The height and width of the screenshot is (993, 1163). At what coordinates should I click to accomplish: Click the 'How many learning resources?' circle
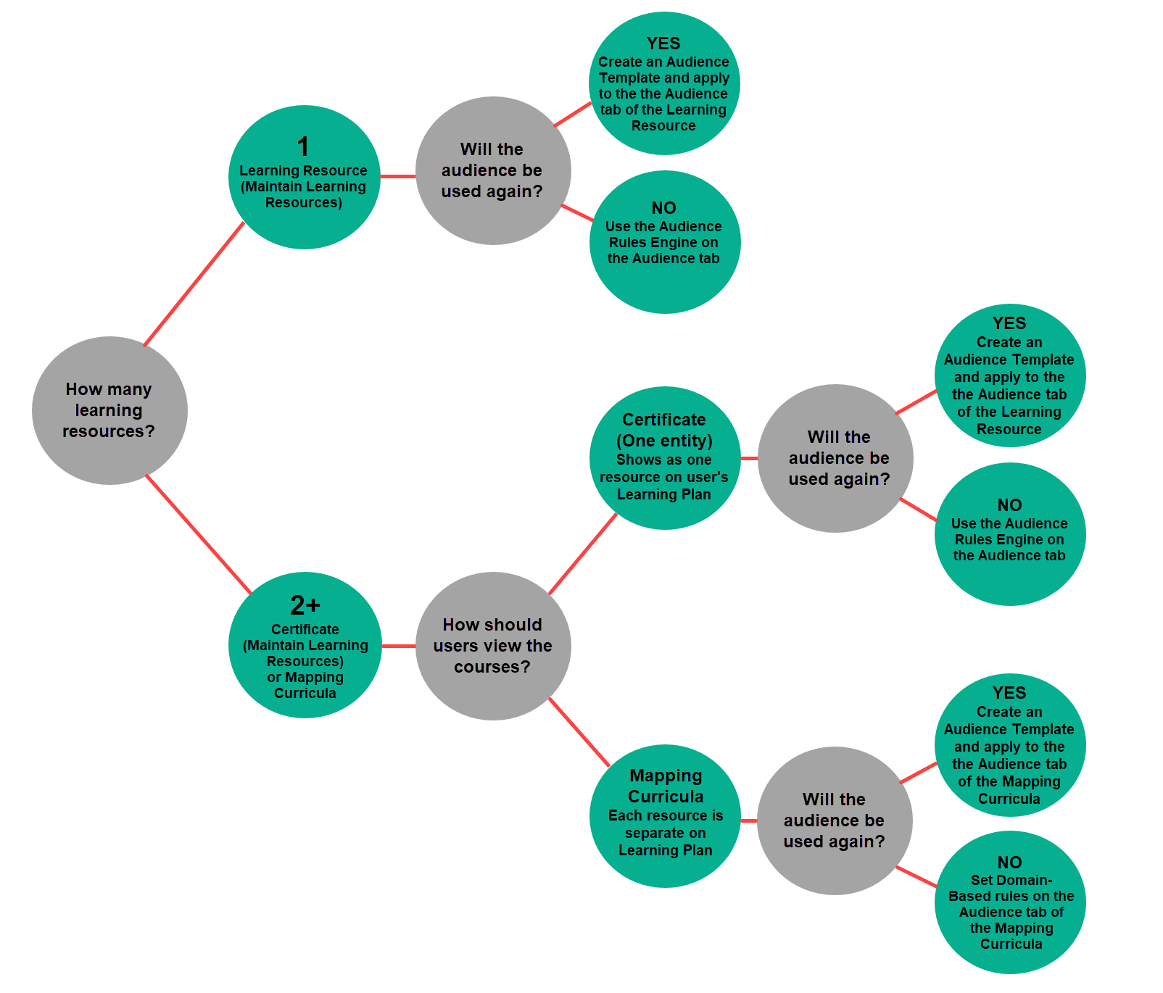(109, 410)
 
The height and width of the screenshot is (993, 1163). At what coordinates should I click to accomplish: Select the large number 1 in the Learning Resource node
(303, 147)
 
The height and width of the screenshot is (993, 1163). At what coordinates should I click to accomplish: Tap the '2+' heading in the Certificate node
(305, 605)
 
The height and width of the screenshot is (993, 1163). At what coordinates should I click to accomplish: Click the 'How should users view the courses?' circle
(493, 646)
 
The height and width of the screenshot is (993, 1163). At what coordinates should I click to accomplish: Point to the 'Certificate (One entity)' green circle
(664, 458)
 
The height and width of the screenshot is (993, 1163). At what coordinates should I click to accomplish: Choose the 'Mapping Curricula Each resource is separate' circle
(665, 816)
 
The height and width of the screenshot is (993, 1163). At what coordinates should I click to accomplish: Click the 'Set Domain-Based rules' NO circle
(1010, 902)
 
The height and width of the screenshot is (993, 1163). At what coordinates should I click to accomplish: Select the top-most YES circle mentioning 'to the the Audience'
(664, 83)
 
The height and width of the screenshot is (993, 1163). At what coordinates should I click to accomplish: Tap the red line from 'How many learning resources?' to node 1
(194, 284)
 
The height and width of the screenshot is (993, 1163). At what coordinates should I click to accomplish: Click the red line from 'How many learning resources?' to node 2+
(198, 535)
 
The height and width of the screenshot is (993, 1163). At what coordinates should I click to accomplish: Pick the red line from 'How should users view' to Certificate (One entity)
(583, 554)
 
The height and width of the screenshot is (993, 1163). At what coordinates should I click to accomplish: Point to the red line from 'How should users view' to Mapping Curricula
(579, 732)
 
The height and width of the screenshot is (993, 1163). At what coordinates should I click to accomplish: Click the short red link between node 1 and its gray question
(397, 176)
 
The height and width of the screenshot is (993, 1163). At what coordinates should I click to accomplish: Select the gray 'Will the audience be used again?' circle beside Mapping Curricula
(835, 820)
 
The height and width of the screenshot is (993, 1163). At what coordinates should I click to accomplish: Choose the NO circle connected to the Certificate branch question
(1010, 534)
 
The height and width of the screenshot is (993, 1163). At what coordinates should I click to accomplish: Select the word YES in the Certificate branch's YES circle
(1009, 323)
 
